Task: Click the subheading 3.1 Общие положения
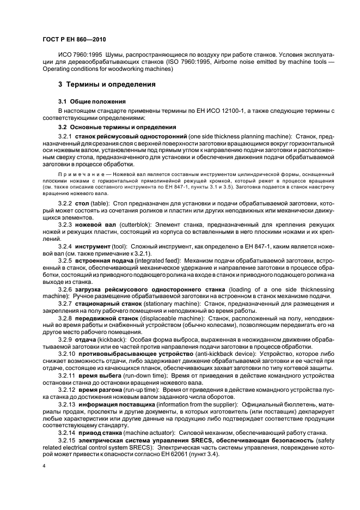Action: pyautogui.click(x=92, y=101)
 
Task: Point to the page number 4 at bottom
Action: pyautogui.click(x=44, y=466)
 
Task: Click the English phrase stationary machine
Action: pyautogui.click(x=163, y=303)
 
